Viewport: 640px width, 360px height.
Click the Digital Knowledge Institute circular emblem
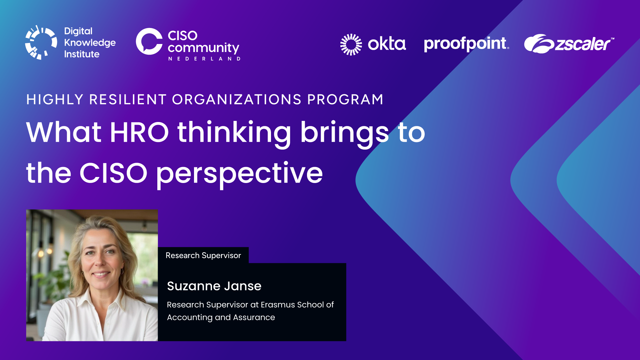[x=41, y=43]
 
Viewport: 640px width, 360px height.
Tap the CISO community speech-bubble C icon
[x=149, y=41]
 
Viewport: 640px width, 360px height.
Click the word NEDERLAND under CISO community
[x=204, y=59]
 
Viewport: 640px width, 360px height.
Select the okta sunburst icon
[x=351, y=44]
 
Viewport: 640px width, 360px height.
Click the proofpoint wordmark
[x=466, y=44]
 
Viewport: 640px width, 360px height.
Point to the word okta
[x=387, y=44]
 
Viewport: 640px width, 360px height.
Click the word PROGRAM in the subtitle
[x=345, y=100]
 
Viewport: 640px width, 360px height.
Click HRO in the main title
[x=139, y=132]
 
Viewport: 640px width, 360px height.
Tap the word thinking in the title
[x=234, y=133]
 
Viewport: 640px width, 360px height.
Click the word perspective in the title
[x=239, y=174]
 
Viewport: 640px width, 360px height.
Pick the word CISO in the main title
[x=113, y=173]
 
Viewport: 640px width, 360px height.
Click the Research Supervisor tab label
[x=203, y=255]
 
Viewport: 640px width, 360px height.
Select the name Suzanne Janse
[x=214, y=286]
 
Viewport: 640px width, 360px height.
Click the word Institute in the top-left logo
[x=82, y=54]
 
